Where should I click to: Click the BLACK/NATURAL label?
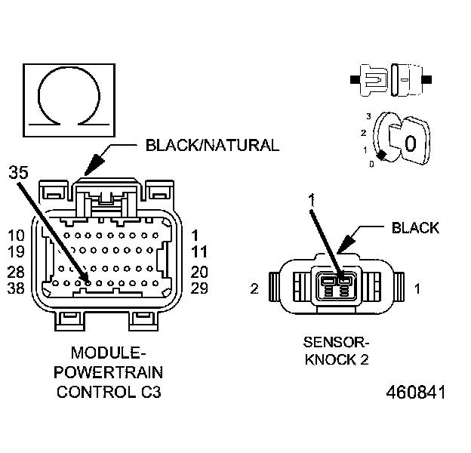click(212, 144)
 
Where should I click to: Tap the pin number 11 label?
click(199, 252)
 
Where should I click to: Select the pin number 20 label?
click(199, 272)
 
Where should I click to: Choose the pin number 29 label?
click(199, 288)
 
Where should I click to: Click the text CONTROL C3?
click(109, 392)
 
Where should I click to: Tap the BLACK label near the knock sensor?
click(414, 227)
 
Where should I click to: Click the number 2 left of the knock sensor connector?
click(255, 288)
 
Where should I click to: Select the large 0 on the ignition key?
click(409, 142)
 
